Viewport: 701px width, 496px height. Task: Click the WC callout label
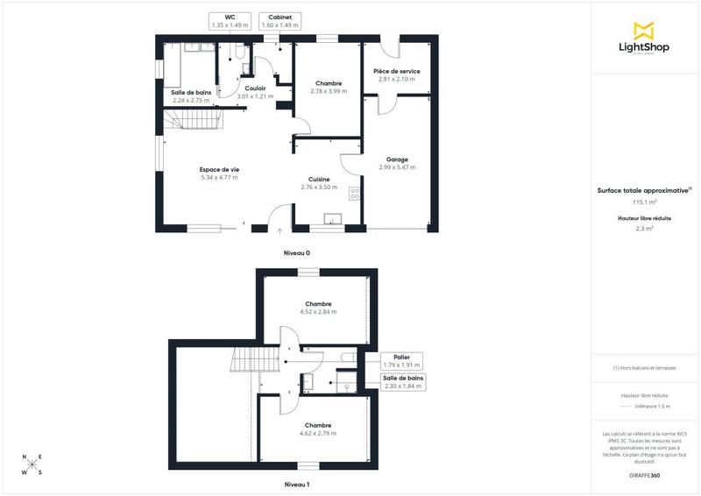[x=230, y=21]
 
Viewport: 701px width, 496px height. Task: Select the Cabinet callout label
[x=280, y=21]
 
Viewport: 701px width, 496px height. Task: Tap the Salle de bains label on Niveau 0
[x=192, y=96]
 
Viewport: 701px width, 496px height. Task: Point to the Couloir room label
[x=256, y=93]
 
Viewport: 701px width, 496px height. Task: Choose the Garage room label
[x=397, y=163]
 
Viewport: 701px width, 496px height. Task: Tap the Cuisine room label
[x=318, y=183]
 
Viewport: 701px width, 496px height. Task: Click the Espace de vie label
[x=219, y=174]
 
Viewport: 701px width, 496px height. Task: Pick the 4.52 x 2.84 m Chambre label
[x=318, y=308]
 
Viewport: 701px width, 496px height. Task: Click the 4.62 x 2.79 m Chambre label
[x=318, y=429]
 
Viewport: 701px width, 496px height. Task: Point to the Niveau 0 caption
[x=296, y=252]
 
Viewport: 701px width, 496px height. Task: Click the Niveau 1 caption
[x=296, y=484]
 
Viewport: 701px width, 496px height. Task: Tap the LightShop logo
[x=645, y=39]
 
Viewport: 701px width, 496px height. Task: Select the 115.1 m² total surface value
[x=645, y=202]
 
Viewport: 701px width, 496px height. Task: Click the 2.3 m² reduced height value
[x=645, y=229]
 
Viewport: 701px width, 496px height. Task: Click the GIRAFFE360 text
[x=645, y=474]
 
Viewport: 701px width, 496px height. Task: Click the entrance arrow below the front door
[x=280, y=231]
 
